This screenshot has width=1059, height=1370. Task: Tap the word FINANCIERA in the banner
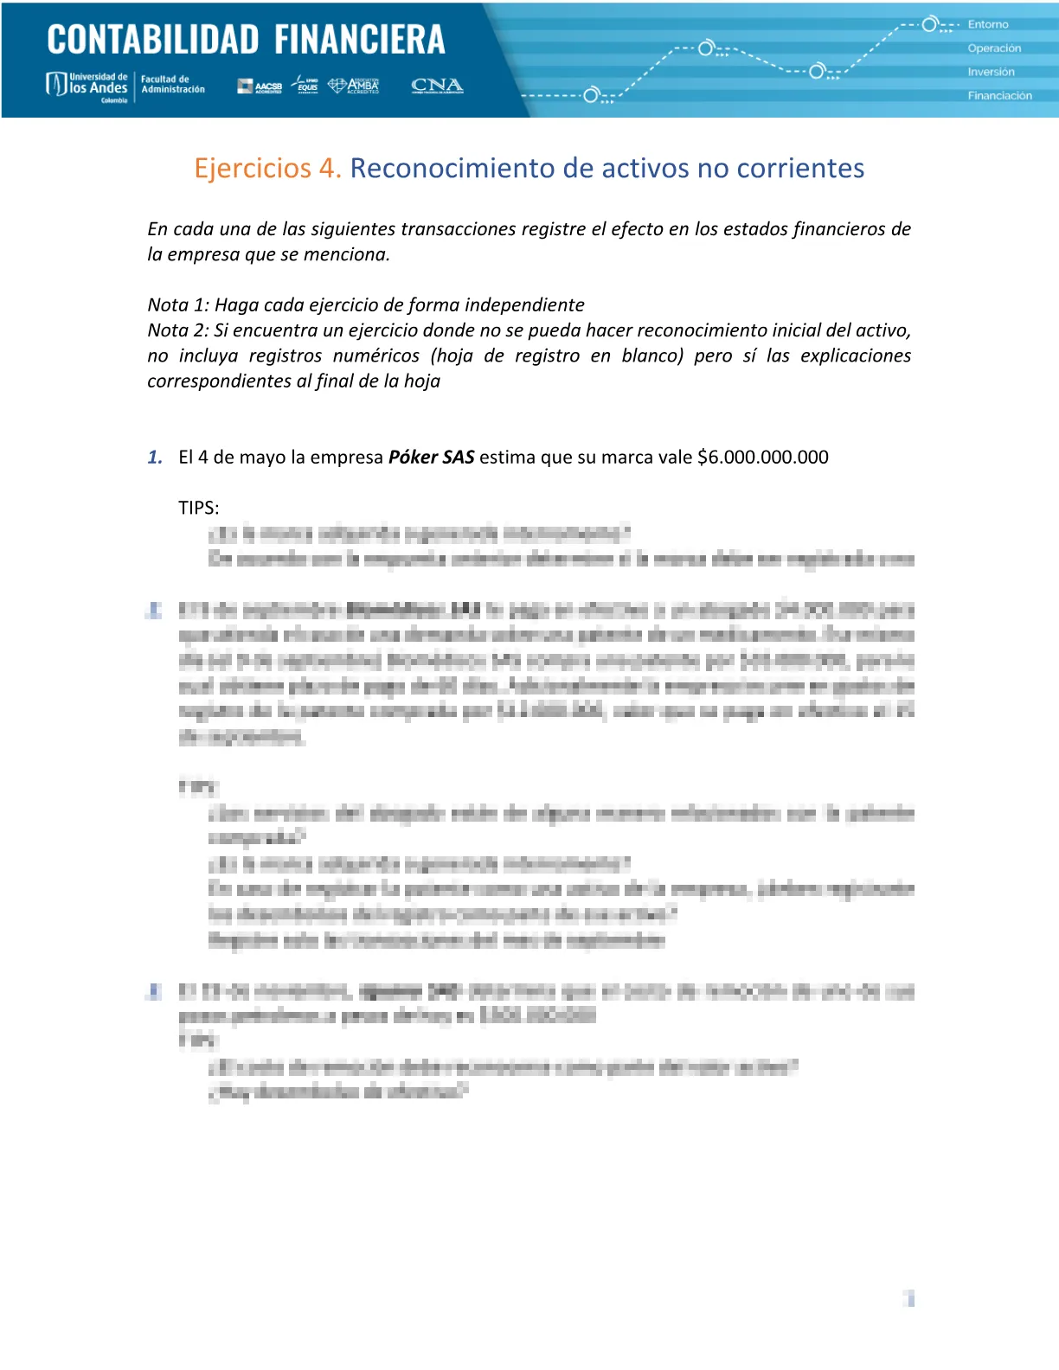pyautogui.click(x=360, y=40)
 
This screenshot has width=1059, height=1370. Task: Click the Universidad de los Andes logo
pyautogui.click(x=87, y=86)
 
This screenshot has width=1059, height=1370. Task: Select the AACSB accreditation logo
pyautogui.click(x=260, y=86)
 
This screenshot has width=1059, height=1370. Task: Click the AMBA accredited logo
pyautogui.click(x=354, y=86)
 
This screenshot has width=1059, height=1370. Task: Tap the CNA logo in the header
pyautogui.click(x=437, y=86)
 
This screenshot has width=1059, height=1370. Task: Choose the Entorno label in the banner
pyautogui.click(x=988, y=24)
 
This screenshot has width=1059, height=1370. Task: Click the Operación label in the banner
pyautogui.click(x=994, y=48)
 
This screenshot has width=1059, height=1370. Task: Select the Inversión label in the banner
pyautogui.click(x=991, y=72)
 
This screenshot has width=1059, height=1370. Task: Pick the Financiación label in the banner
pyautogui.click(x=999, y=96)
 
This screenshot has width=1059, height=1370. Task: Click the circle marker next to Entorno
pyautogui.click(x=930, y=24)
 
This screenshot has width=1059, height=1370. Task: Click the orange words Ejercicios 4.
pyautogui.click(x=267, y=168)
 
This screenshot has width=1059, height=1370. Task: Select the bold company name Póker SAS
pyautogui.click(x=431, y=457)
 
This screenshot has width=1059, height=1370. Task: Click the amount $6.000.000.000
pyautogui.click(x=762, y=457)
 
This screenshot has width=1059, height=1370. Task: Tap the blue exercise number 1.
pyautogui.click(x=155, y=457)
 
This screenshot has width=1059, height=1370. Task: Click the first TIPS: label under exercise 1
pyautogui.click(x=199, y=508)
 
